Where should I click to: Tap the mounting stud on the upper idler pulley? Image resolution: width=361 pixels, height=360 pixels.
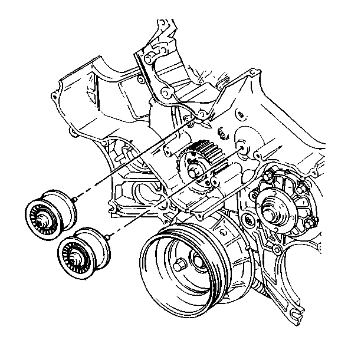77,202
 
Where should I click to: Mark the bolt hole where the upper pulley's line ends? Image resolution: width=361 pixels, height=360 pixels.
202,114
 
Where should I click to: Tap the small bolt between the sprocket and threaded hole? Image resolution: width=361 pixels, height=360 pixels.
222,132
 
